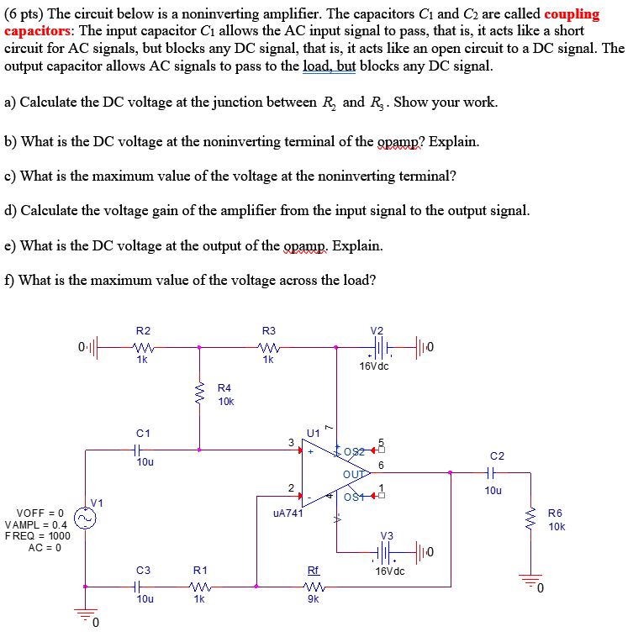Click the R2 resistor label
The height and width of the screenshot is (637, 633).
(x=143, y=330)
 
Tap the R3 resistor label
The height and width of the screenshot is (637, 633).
(x=269, y=330)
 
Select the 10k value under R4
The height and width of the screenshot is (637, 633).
(x=226, y=401)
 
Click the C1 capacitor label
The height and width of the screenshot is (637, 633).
(x=143, y=433)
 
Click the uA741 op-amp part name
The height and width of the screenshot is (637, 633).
(x=287, y=512)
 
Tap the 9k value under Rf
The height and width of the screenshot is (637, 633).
(x=313, y=598)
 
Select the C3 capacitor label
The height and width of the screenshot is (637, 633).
(x=143, y=571)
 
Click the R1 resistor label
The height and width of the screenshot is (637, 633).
(x=200, y=571)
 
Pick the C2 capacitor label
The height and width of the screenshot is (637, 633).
(x=497, y=455)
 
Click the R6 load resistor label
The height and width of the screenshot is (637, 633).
(x=555, y=513)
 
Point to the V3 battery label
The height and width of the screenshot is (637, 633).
(x=387, y=534)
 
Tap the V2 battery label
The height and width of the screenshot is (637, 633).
(x=377, y=330)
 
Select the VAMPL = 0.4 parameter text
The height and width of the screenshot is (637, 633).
(x=37, y=524)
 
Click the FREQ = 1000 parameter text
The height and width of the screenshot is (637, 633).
(x=37, y=536)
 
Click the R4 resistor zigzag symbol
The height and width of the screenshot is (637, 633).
(x=200, y=393)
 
